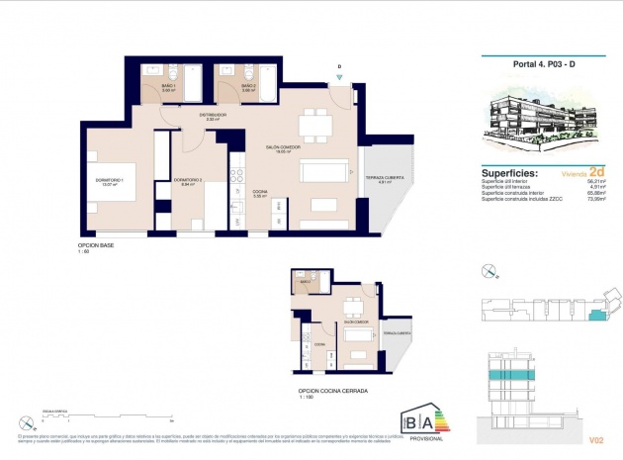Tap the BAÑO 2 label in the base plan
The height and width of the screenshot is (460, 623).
(250, 88)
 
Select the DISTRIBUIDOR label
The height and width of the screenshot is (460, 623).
(213, 117)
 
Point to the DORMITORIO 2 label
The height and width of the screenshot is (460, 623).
(188, 182)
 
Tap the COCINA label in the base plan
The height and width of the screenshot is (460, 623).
(260, 192)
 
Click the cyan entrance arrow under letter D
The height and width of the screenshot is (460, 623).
(339, 79)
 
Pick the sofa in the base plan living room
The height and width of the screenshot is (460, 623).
(324, 173)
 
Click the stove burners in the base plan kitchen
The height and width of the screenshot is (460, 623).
(236, 177)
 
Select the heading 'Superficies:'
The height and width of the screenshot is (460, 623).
(509, 171)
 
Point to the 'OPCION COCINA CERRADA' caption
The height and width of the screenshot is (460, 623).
(332, 391)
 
